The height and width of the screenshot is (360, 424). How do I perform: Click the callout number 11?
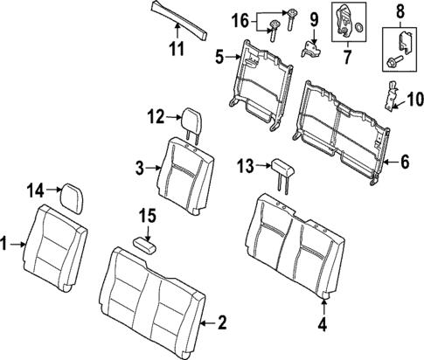pos(177,47)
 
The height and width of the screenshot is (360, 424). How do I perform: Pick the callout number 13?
pos(246,165)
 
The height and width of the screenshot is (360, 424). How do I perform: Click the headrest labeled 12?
pos(185,118)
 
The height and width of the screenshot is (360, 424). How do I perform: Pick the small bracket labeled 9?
pos(309,45)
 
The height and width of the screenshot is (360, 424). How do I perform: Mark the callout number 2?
pos(222,324)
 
